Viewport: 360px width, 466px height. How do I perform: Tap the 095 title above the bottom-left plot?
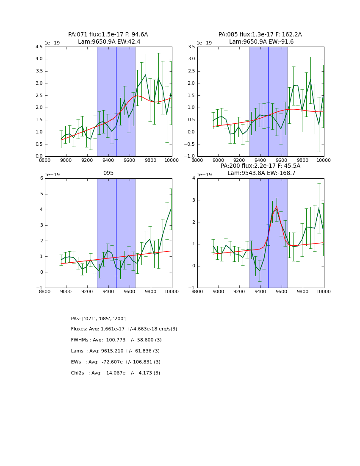point(108,173)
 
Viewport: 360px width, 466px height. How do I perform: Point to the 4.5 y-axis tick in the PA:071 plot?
point(39,47)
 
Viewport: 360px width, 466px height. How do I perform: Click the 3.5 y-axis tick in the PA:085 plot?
point(191,47)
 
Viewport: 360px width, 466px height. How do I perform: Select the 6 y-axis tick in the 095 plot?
point(41,178)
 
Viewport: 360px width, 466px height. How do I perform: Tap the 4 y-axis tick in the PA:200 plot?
point(194,178)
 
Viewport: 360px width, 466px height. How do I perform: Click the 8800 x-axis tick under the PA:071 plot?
point(45,160)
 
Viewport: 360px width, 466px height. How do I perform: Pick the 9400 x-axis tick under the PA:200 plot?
point(239,291)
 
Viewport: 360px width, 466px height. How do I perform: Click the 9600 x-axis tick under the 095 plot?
point(129,291)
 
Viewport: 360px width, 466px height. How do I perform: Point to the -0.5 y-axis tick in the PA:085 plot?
point(189,144)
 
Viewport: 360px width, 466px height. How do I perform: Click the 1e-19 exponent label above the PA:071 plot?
point(52,43)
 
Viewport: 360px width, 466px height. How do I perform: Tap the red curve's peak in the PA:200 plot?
point(277,207)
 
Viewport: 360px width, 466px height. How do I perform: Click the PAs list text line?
point(99,319)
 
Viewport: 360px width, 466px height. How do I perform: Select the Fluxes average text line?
point(124,329)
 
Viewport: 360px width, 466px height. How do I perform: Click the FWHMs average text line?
point(116,340)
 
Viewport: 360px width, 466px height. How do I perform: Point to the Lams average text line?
point(115,351)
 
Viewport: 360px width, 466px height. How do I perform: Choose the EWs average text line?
point(116,362)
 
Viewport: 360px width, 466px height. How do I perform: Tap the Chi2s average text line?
point(116,373)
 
